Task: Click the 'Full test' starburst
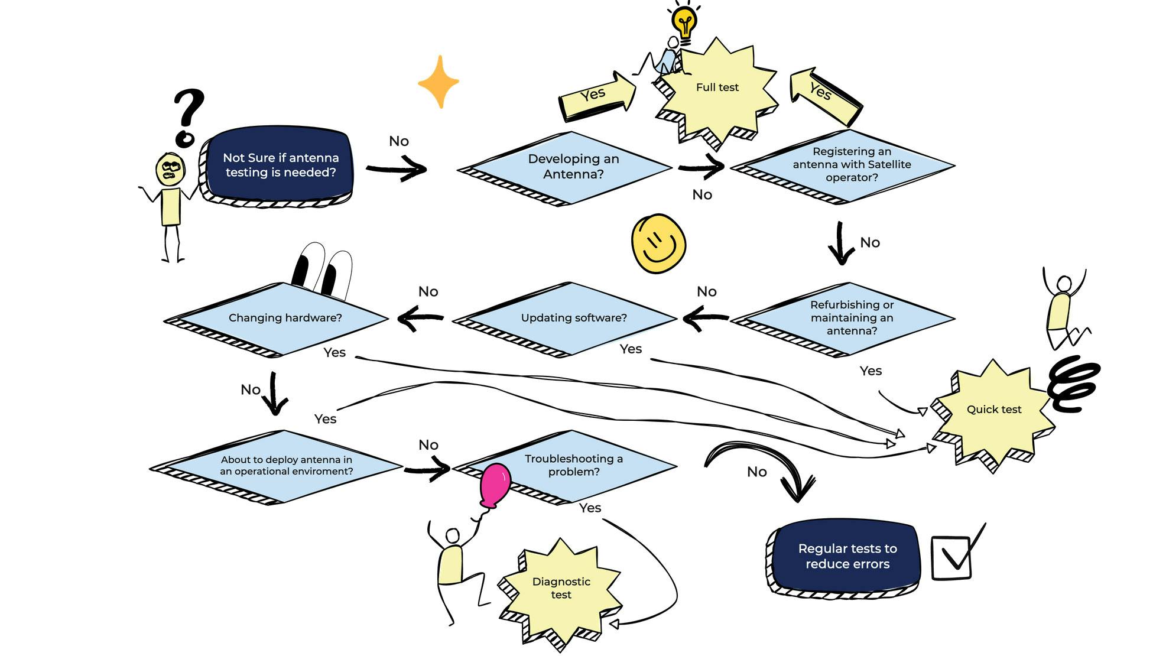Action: coord(717,89)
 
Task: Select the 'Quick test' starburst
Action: coord(993,410)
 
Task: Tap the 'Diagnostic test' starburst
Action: coord(561,589)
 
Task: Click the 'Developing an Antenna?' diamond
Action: coord(573,167)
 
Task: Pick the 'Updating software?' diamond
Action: coord(573,318)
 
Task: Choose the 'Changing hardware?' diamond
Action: coord(284,318)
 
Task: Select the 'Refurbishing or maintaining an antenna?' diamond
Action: coord(851,318)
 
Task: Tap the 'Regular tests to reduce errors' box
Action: coord(847,556)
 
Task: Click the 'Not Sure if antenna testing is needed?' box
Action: coord(280,165)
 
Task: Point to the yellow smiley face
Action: coord(658,243)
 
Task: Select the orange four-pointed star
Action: coord(439,82)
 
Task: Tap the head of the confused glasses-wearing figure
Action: coord(171,170)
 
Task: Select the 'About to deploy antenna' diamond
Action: coord(285,466)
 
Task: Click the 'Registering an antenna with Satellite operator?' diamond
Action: coord(851,165)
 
